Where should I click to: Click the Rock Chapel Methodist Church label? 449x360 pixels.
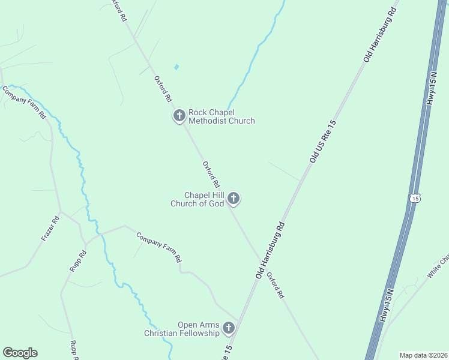point(221,116)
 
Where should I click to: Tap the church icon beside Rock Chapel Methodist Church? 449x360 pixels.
point(179,116)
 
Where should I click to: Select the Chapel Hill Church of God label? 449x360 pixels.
point(204,199)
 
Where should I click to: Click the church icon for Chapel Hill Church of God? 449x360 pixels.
point(234,199)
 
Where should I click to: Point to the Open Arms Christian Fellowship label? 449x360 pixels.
point(182,329)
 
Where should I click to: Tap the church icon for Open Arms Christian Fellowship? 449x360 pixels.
point(229,328)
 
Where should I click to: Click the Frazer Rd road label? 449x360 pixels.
point(50,228)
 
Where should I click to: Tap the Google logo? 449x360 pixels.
point(20,353)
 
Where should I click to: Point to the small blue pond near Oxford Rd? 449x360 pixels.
point(176,67)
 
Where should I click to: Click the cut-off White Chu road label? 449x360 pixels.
point(438,268)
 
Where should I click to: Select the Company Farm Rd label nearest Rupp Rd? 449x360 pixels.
point(158,247)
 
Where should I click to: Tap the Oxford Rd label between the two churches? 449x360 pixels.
point(211,175)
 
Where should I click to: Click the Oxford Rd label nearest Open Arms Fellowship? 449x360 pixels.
point(276,285)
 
